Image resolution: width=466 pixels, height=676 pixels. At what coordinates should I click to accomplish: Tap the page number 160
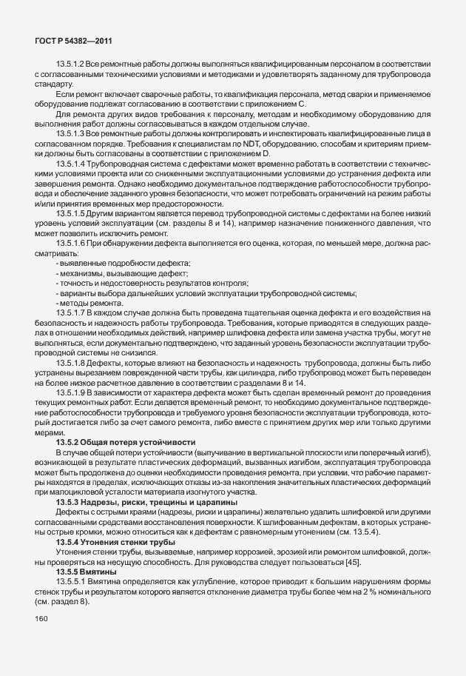point(42,620)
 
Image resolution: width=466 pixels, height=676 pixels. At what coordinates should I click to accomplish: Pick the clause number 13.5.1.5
point(71,213)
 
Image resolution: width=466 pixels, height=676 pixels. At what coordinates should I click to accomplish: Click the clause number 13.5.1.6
point(71,244)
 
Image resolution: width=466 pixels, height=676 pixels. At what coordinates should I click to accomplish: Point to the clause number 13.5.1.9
point(71,392)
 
